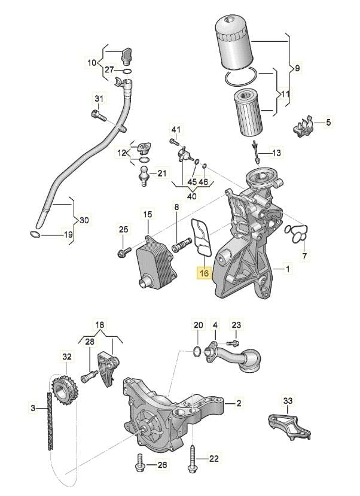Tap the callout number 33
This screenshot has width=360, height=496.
point(288,400)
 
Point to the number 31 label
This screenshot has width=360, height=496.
point(99,99)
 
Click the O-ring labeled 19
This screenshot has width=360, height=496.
point(36,235)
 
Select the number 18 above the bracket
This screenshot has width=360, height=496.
point(100,325)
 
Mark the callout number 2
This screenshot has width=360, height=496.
point(238,403)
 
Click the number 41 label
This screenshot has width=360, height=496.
point(175,129)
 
